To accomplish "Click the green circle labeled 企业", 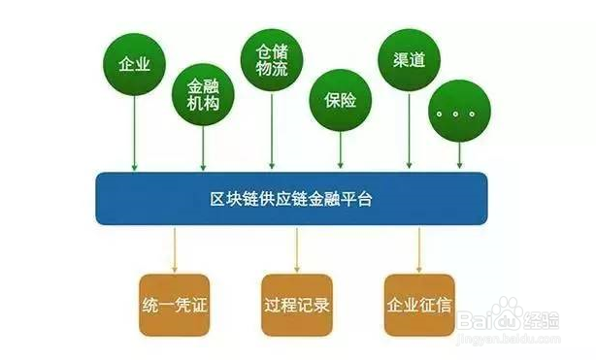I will click(133, 65).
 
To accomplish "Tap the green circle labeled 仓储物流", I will click(272, 60).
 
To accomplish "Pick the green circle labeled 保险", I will click(341, 99).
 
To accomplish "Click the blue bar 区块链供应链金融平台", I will click(291, 198).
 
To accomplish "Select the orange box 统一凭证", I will click(175, 305).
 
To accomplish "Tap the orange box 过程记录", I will click(296, 305).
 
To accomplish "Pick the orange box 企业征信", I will click(418, 305).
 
